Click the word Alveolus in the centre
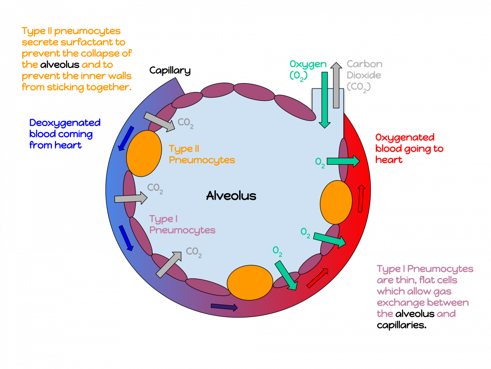tap(231, 196)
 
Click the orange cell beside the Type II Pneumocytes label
tap(144, 153)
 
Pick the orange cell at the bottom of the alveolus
tap(250, 283)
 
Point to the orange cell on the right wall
tap(336, 202)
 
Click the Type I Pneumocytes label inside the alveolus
tap(182, 225)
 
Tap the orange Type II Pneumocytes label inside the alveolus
tap(201, 154)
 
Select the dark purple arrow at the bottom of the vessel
tap(224, 307)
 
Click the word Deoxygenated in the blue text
tap(65, 123)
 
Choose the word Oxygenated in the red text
tap(405, 138)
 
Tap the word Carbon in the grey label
tap(364, 64)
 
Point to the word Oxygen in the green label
tap(308, 64)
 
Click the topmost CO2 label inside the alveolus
tap(185, 123)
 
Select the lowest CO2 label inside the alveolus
tap(194, 252)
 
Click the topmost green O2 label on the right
tap(320, 162)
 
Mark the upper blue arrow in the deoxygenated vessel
tap(126, 138)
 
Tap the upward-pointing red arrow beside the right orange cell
tap(361, 198)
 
